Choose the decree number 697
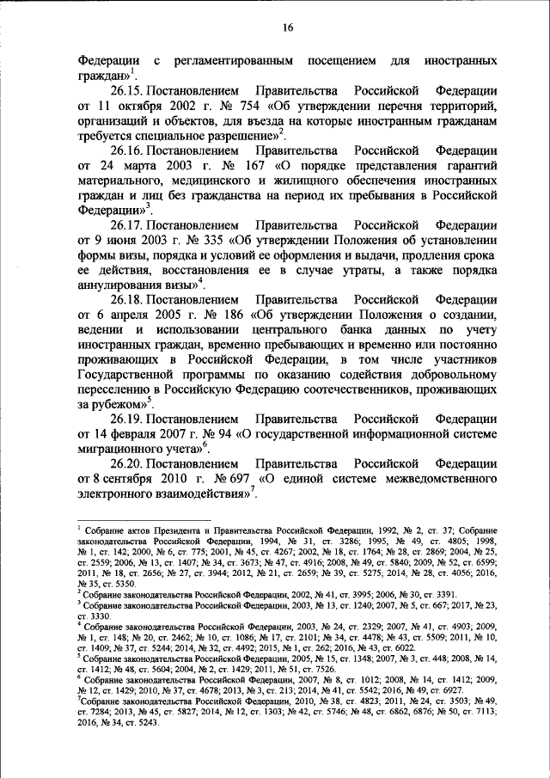(228, 479)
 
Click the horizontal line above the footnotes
(131, 520)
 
